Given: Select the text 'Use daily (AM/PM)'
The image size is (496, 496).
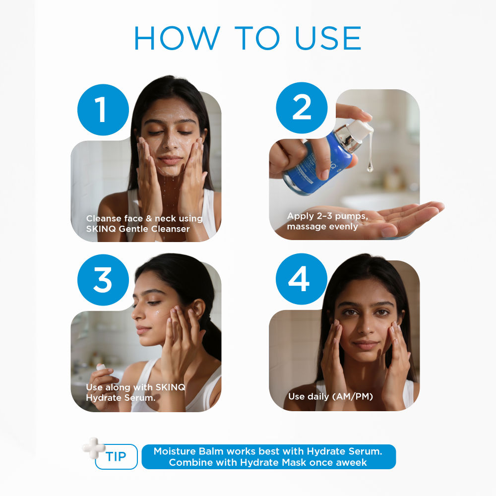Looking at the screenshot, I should click(330, 396).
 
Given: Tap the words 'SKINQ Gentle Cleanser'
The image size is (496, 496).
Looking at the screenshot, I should click(137, 229).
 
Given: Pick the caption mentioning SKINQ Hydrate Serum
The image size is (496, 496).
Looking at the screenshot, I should click(135, 392).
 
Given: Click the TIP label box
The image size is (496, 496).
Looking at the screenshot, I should click(117, 456).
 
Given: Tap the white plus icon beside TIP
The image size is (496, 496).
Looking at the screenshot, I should click(94, 448).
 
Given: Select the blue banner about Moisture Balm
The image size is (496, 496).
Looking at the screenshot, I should click(268, 456).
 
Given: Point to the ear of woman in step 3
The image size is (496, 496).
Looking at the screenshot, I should click(197, 309).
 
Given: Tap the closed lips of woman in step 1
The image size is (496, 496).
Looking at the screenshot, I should click(171, 160).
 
